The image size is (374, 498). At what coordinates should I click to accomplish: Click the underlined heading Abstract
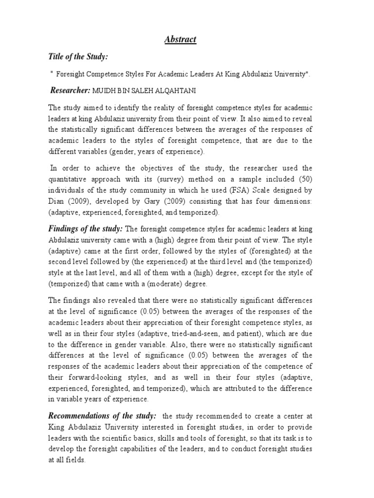(180, 39)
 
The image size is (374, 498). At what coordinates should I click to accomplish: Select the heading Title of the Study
(77, 57)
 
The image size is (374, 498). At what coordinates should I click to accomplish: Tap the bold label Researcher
(70, 90)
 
